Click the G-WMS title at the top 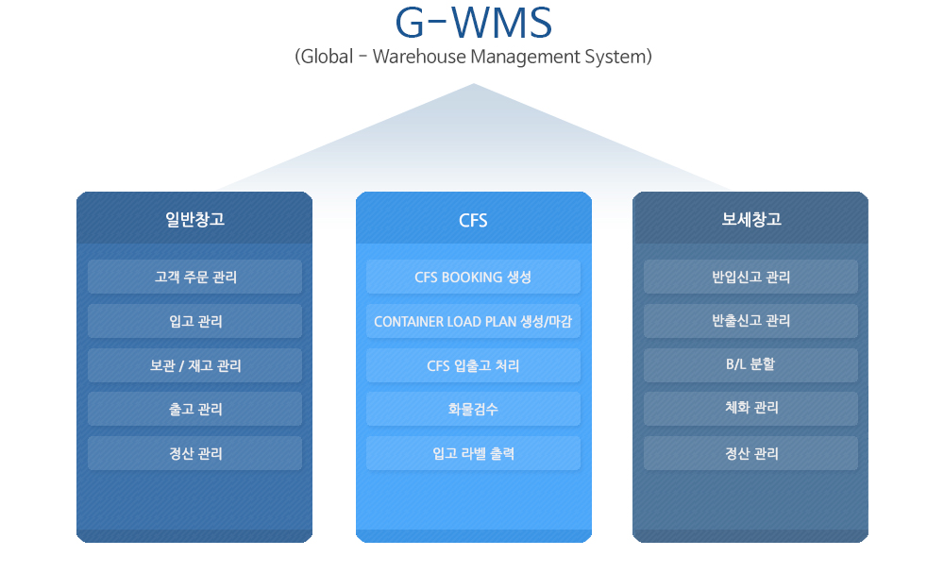[x=473, y=23]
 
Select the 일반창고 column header [x=195, y=219]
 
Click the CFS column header [x=473, y=220]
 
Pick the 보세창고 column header [x=751, y=219]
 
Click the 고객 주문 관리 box [x=195, y=277]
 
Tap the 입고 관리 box [x=195, y=321]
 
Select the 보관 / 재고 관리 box [x=195, y=365]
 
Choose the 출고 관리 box [x=195, y=410]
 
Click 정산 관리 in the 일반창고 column [x=195, y=453]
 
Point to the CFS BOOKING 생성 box [x=473, y=277]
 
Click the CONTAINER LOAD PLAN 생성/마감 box [x=473, y=321]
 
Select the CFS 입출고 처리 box [x=473, y=365]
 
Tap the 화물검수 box [x=473, y=410]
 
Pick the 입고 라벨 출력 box [x=473, y=453]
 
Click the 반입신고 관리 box [x=750, y=277]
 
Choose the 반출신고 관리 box [x=750, y=321]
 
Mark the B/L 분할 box [x=750, y=365]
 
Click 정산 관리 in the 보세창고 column [x=750, y=453]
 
